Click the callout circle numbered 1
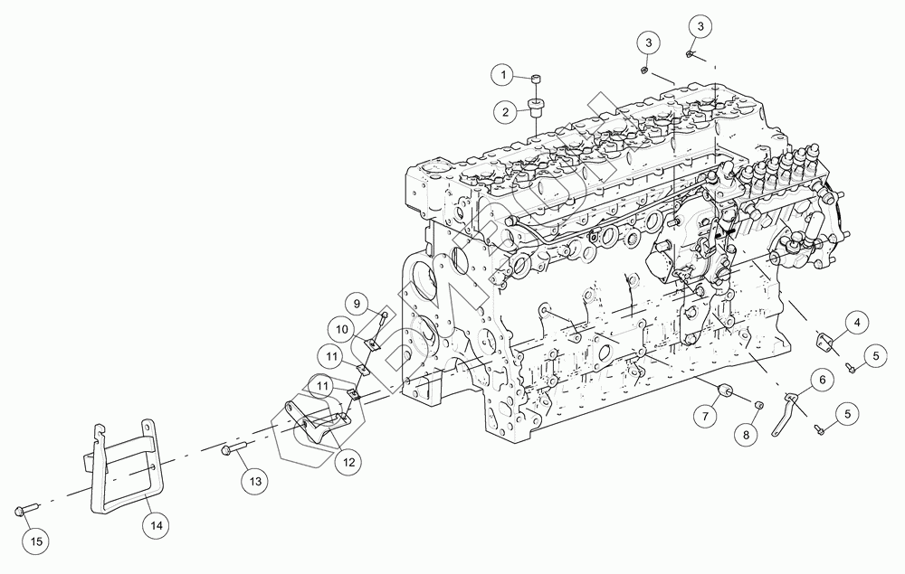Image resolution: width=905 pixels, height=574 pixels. tap(505, 73)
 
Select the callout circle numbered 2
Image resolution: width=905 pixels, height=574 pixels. tap(505, 112)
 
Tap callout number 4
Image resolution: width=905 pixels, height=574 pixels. tap(857, 321)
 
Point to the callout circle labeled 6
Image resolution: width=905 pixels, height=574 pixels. tap(822, 381)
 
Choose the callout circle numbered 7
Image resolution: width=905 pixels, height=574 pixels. tap(706, 417)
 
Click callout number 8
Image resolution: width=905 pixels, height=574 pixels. tap(746, 435)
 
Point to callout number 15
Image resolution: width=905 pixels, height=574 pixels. tap(36, 541)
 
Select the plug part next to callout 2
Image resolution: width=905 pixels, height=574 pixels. tap(535, 109)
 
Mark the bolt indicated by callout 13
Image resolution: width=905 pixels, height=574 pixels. tap(233, 447)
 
